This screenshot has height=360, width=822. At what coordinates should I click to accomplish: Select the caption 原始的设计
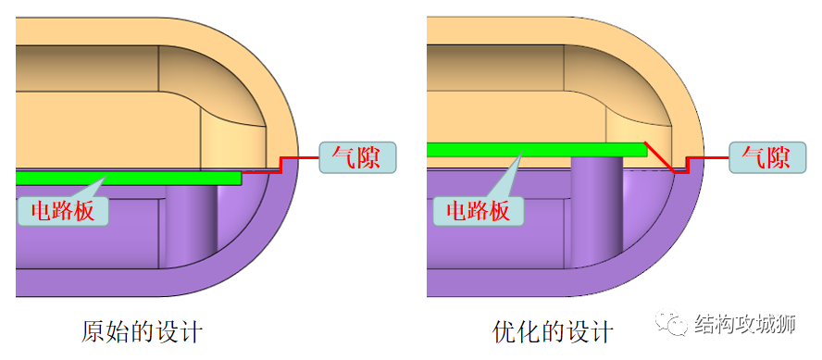coord(142,331)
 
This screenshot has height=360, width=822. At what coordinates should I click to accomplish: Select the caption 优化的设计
coord(553,331)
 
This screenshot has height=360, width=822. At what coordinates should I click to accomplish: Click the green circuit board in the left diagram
coord(139,176)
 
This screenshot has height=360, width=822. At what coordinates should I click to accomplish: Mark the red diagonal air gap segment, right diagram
coord(660,155)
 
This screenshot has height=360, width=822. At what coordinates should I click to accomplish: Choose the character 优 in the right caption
coord(504,331)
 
